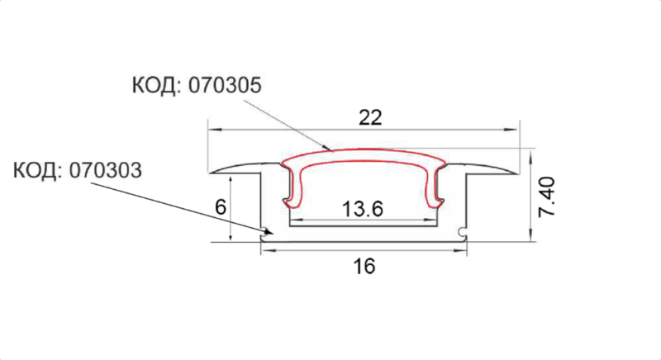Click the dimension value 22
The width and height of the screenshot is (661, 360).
(x=370, y=117)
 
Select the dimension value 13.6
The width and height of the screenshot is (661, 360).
(x=363, y=209)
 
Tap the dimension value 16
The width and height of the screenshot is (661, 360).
(x=364, y=266)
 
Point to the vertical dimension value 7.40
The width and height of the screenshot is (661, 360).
(x=547, y=197)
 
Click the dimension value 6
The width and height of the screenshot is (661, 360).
(x=221, y=207)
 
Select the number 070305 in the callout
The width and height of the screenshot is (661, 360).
(x=225, y=86)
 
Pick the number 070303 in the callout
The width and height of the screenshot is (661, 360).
(x=106, y=171)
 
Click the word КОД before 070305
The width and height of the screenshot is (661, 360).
(x=154, y=86)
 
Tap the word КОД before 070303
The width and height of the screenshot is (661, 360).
(x=35, y=171)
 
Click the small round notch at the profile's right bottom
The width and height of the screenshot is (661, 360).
(x=462, y=231)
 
